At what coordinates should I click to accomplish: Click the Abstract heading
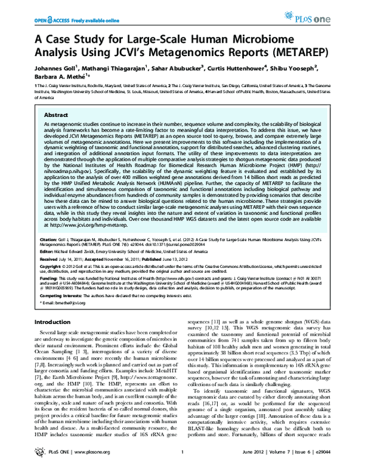click(x=55, y=114)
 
